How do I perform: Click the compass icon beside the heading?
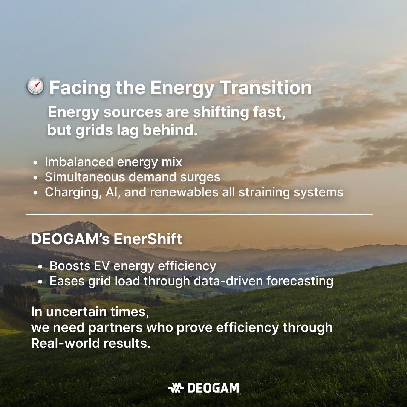click(x=35, y=86)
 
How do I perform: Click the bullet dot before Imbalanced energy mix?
click(x=35, y=163)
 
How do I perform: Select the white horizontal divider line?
click(x=199, y=214)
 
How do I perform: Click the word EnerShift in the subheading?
click(x=148, y=239)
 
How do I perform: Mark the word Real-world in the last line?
click(x=66, y=343)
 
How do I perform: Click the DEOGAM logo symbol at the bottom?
click(x=176, y=388)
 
